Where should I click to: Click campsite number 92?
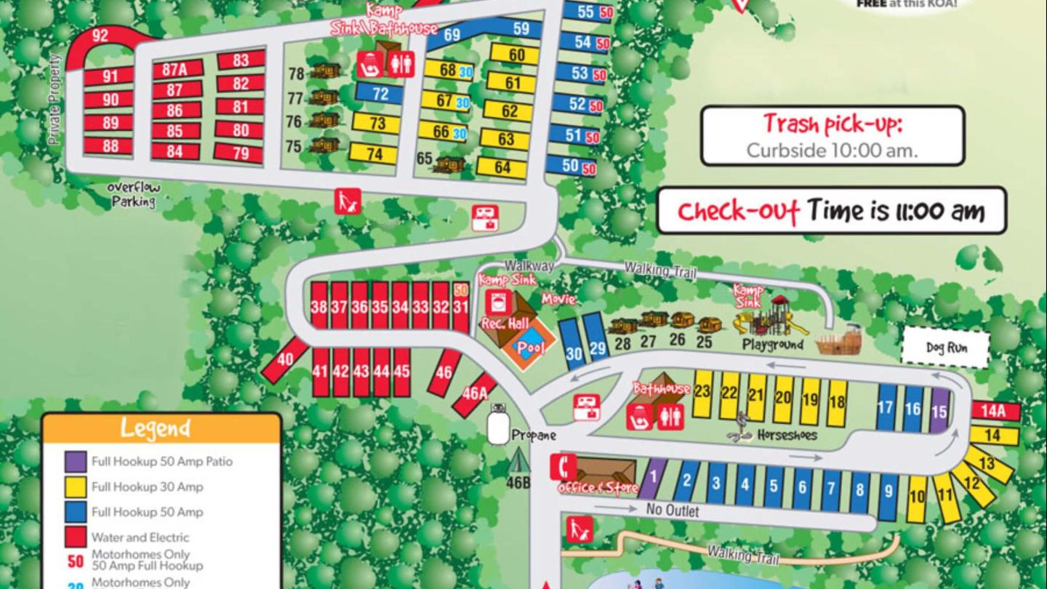click(x=100, y=36)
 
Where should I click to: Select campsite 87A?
click(x=175, y=70)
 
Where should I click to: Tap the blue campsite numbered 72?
click(x=380, y=93)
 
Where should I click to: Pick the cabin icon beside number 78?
click(x=325, y=71)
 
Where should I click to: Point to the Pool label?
click(x=531, y=348)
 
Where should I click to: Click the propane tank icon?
click(x=498, y=425)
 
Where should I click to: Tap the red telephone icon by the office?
click(x=563, y=467)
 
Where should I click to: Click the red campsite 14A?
click(x=995, y=412)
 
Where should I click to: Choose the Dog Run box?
click(x=945, y=348)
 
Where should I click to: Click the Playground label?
click(x=772, y=344)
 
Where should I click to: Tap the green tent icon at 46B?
click(x=518, y=460)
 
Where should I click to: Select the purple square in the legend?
click(x=76, y=461)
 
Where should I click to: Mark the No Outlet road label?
click(x=673, y=510)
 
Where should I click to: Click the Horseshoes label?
click(x=787, y=436)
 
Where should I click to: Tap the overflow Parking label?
click(x=134, y=195)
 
